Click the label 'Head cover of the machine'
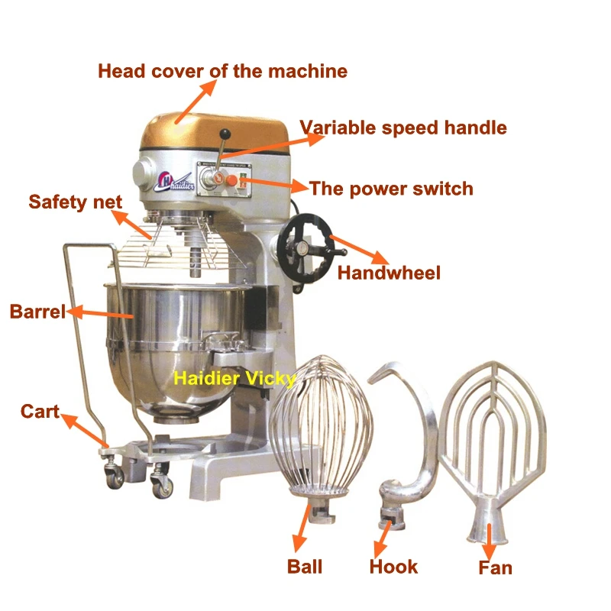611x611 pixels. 222,71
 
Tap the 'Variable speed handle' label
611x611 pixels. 403,128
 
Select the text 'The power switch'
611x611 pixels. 391,189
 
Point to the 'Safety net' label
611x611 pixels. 75,202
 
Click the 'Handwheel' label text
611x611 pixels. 389,273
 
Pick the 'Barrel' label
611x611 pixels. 37,312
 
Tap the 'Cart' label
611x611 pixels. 40,411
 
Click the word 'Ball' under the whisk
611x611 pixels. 305,567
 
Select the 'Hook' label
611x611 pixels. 393,567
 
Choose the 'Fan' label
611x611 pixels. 495,567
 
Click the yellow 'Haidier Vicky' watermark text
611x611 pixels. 234,378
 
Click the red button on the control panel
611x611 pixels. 231,180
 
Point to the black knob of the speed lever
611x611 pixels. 225,134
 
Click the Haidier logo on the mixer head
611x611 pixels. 175,182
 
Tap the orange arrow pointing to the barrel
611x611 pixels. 100,313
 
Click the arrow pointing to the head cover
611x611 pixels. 196,102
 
